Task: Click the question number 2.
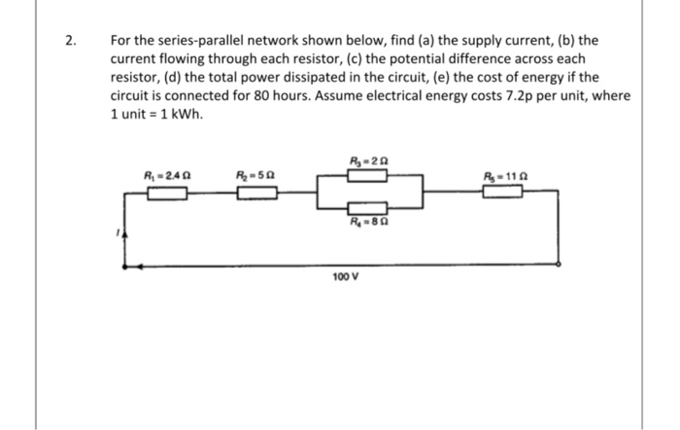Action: [x=70, y=41]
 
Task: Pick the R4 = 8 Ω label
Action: [x=370, y=221]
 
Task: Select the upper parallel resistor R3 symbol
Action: [x=370, y=175]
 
